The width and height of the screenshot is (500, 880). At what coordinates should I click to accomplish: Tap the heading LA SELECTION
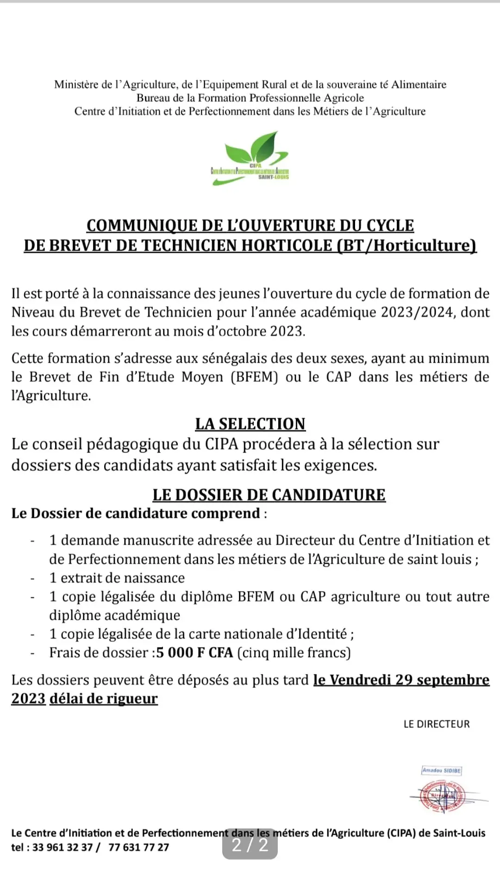point(250,424)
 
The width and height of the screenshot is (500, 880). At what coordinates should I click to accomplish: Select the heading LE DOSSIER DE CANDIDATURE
point(269,495)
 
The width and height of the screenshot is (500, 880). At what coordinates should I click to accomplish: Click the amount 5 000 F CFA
point(194,653)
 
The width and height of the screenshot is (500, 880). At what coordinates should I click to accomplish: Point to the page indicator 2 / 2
point(250,845)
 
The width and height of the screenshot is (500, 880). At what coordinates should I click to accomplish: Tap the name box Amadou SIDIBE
point(441,770)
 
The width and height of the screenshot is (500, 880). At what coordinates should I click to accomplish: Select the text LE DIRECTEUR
point(437,724)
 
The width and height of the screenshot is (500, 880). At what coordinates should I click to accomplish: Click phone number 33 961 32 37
point(62,847)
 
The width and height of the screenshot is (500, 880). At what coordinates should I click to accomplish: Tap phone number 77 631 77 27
point(139,847)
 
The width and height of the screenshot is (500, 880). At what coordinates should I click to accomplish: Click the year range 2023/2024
point(419,312)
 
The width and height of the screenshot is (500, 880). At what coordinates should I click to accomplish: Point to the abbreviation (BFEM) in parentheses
point(254,377)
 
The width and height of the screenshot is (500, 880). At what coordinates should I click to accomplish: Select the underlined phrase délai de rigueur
point(104,698)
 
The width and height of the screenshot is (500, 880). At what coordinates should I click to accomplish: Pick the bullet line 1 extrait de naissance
point(117,578)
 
